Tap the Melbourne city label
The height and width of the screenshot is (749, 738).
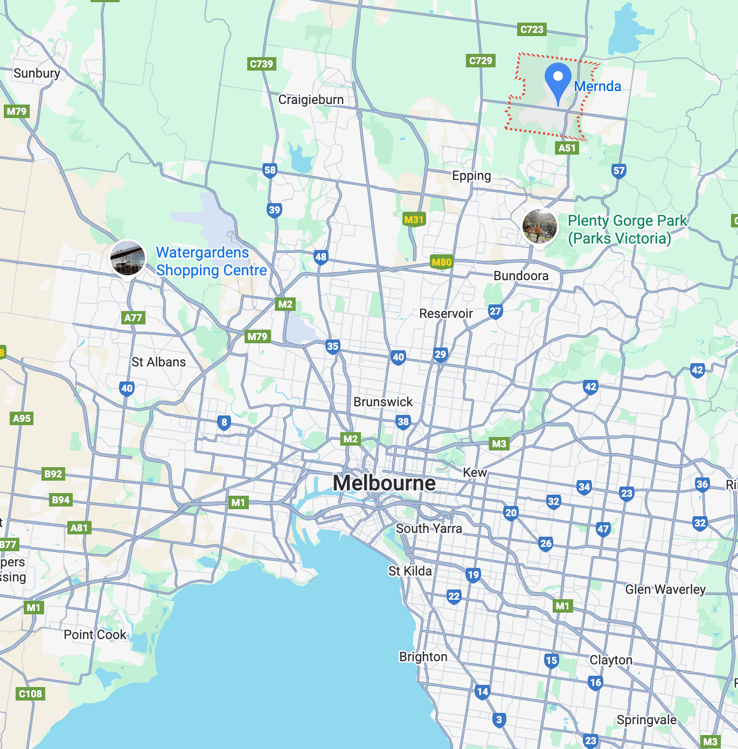tap(384, 483)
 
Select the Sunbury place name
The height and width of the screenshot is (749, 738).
tap(37, 73)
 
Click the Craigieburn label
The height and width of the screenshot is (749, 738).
tap(311, 100)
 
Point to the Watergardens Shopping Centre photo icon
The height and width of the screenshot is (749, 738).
tap(128, 258)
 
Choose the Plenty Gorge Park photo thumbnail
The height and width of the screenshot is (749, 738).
tap(540, 226)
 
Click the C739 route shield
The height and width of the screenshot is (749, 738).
tap(262, 64)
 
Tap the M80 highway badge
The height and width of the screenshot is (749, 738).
tap(441, 262)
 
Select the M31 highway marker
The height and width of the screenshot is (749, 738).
tap(414, 219)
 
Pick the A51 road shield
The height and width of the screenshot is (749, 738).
tap(567, 148)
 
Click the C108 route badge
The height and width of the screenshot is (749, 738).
tap(30, 693)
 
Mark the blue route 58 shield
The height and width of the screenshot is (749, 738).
tap(270, 170)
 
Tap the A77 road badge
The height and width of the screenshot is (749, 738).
tap(133, 317)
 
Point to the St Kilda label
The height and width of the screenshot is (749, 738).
tap(410, 571)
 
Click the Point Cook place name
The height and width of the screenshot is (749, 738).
tap(95, 635)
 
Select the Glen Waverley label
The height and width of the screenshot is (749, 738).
tap(665, 590)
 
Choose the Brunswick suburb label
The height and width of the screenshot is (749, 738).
tap(383, 402)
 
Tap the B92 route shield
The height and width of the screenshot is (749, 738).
tap(53, 474)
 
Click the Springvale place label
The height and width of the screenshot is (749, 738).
tap(646, 720)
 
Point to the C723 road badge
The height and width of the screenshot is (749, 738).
tap(532, 29)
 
